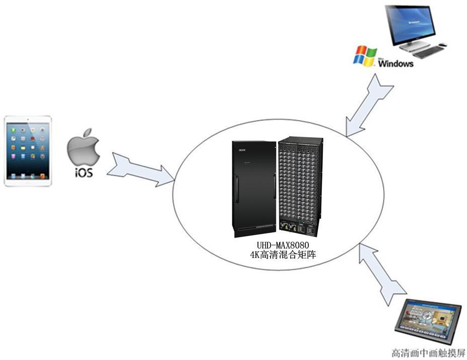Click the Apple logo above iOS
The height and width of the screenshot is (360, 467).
pyautogui.click(x=84, y=147)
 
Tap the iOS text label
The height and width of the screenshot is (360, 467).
pyautogui.click(x=84, y=173)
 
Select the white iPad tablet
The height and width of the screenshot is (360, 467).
pyautogui.click(x=28, y=151)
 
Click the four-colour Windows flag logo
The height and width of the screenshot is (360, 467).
pyautogui.click(x=365, y=55)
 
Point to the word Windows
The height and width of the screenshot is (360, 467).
pyautogui.click(x=396, y=64)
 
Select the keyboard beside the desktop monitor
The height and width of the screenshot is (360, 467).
pyautogui.click(x=428, y=52)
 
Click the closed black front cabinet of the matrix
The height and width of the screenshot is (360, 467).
pyautogui.click(x=254, y=189)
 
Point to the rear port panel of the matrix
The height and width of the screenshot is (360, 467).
pyautogui.click(x=300, y=186)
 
